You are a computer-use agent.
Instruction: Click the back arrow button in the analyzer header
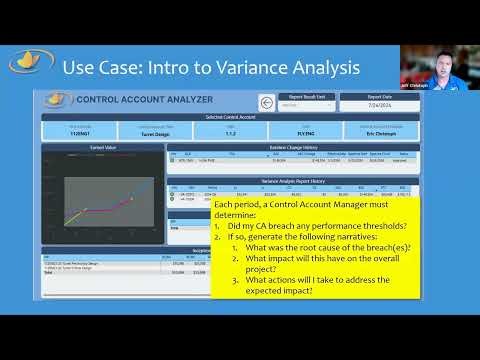[266, 101]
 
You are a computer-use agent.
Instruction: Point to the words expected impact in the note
[298, 290]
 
